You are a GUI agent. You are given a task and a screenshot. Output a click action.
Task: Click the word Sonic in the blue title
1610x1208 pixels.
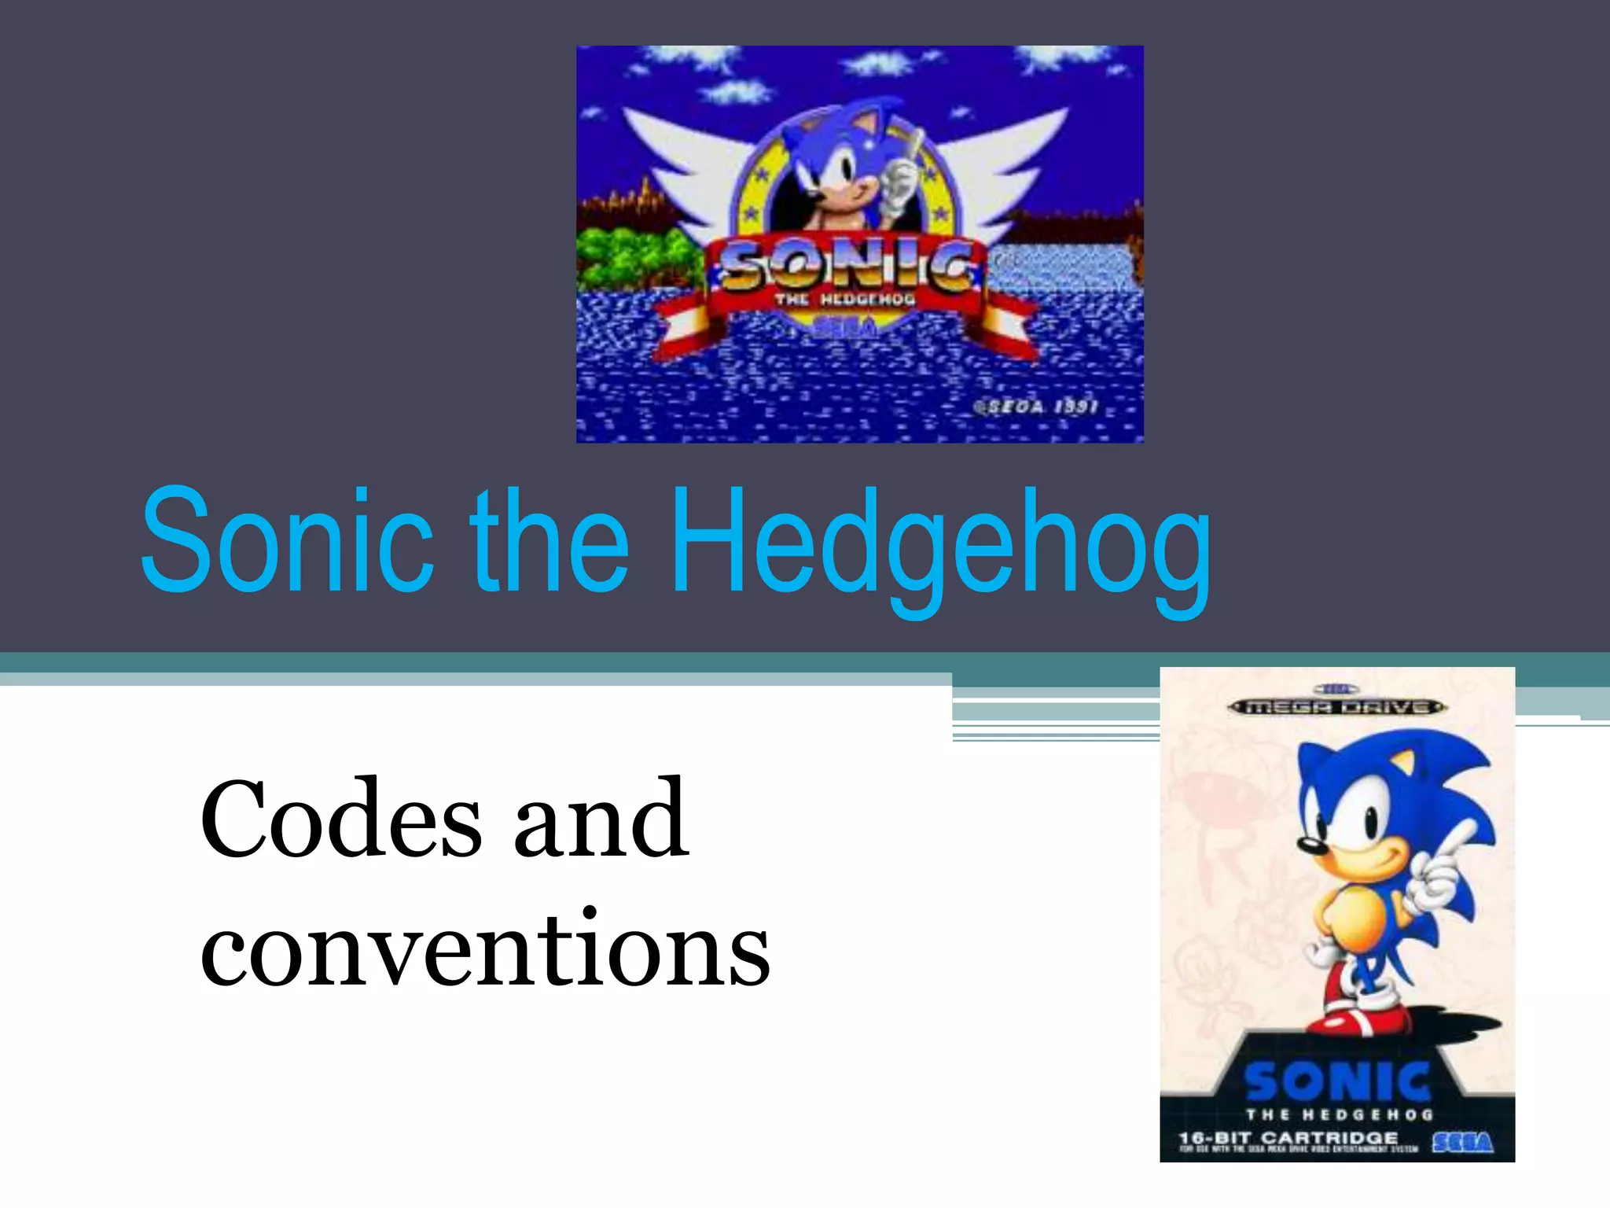tap(287, 541)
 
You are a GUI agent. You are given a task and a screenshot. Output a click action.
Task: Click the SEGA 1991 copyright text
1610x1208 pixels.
tap(1035, 407)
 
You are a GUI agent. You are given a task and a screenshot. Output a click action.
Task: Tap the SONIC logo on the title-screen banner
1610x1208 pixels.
tap(845, 267)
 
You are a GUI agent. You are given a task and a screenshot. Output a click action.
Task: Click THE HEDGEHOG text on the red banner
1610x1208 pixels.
tap(845, 300)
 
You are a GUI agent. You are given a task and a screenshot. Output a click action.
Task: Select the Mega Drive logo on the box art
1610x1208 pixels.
tap(1336, 707)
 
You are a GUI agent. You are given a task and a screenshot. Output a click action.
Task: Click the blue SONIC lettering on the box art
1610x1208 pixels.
tap(1337, 1082)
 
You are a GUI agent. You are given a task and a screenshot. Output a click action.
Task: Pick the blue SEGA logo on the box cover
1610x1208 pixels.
tap(1461, 1141)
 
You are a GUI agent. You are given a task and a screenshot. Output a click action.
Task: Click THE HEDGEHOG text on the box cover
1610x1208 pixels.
tap(1339, 1114)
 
